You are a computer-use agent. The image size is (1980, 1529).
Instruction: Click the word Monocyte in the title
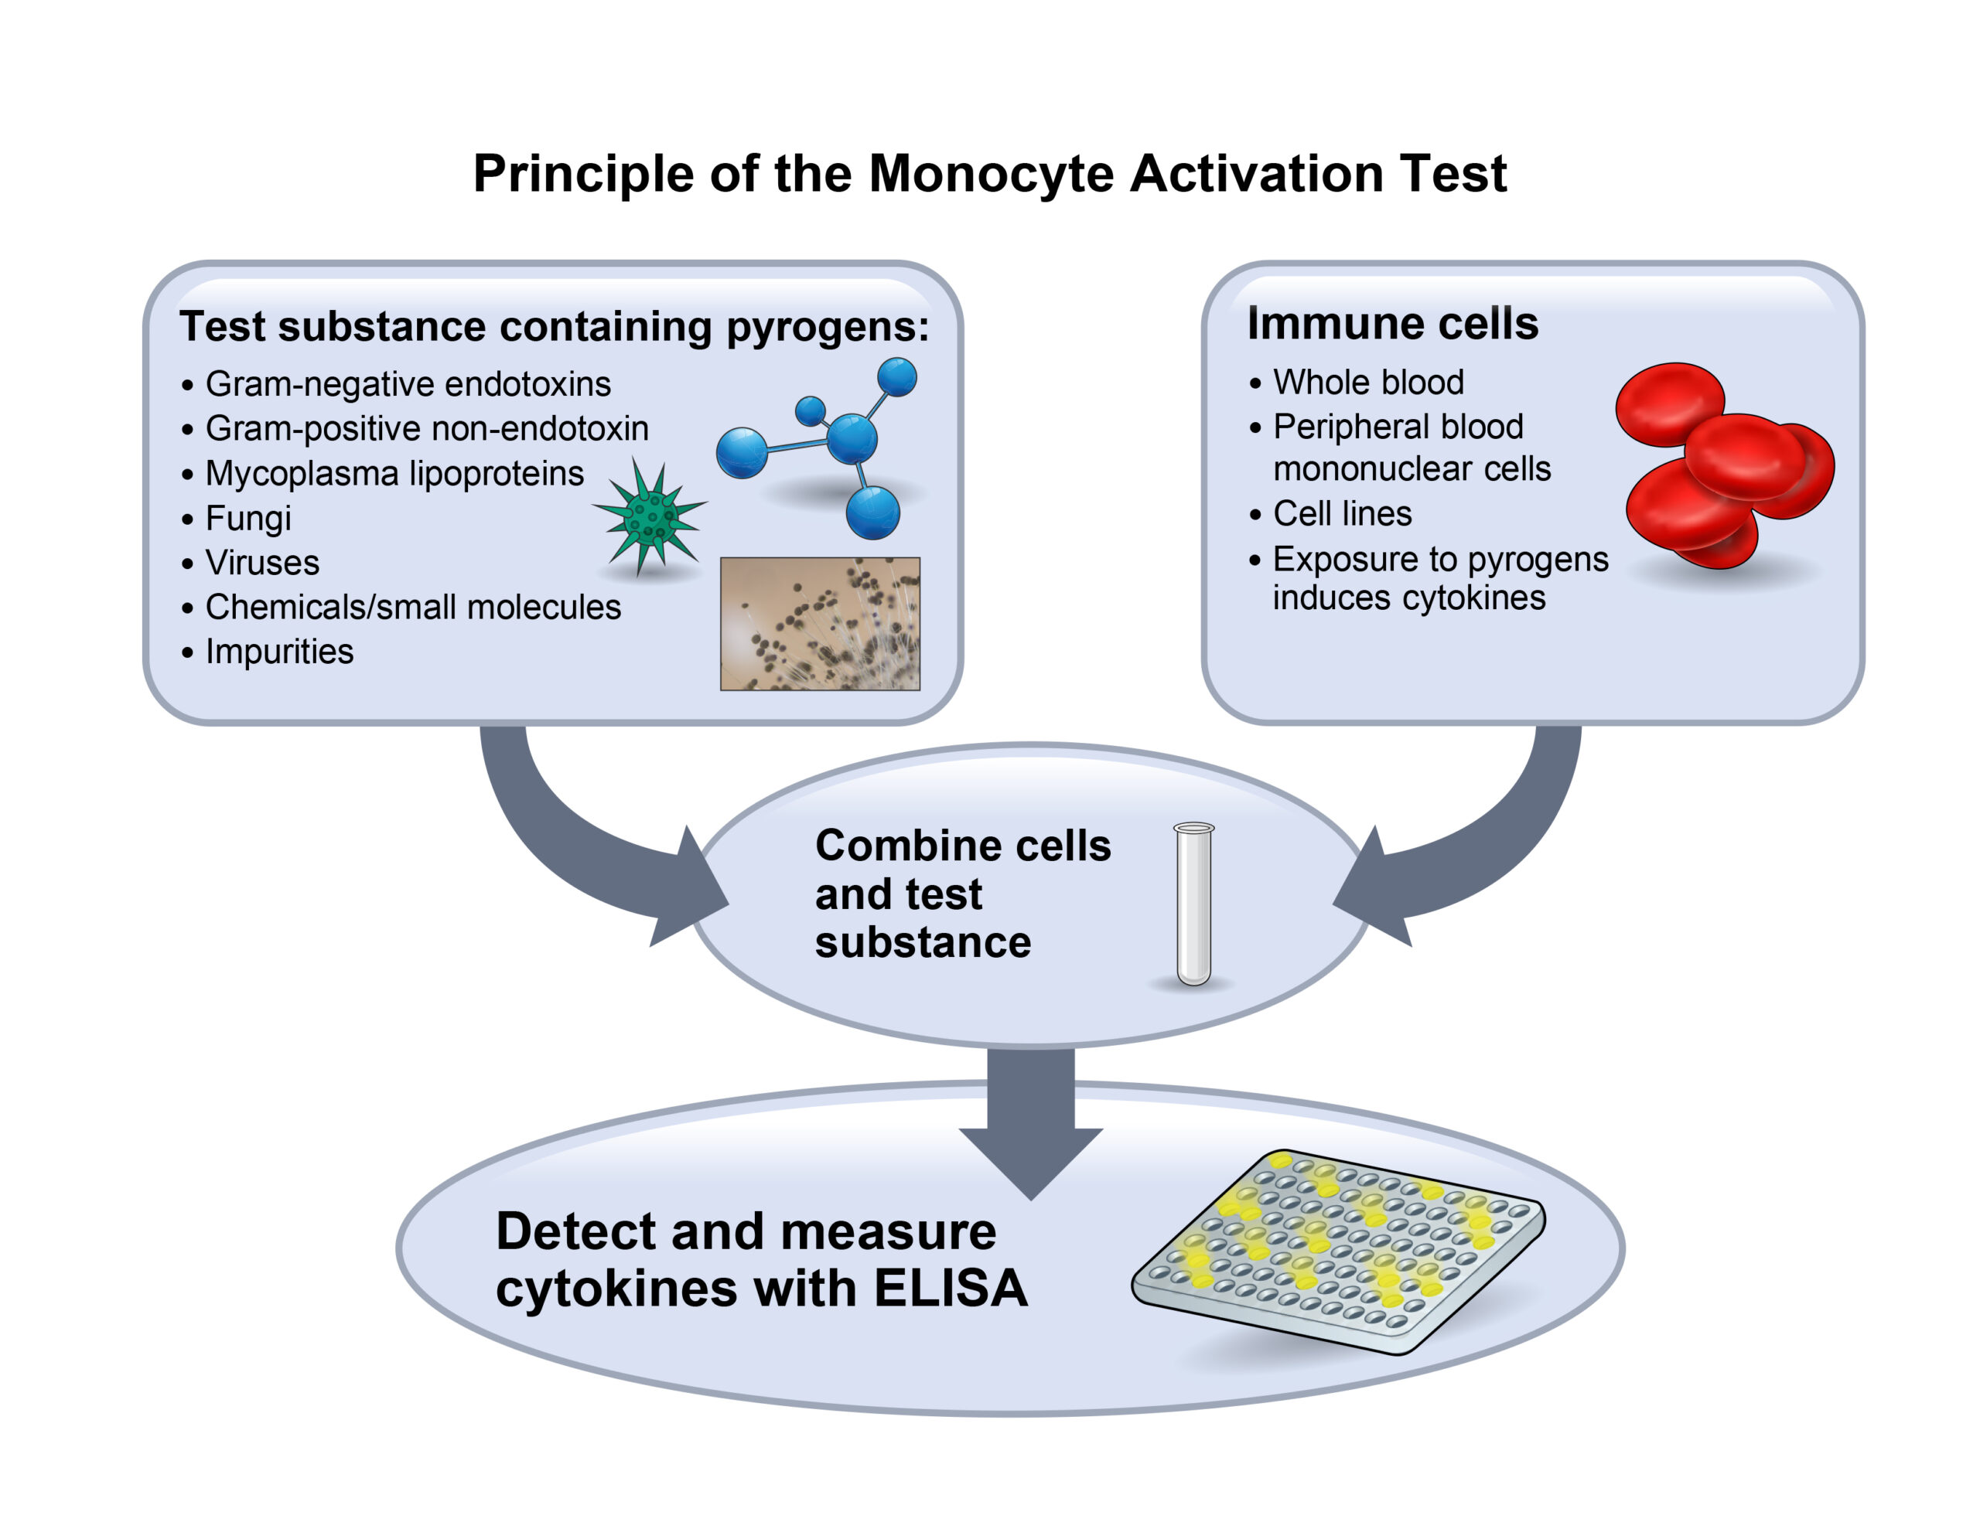coord(990,173)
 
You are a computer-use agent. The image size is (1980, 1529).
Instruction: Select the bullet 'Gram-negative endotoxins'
coord(408,384)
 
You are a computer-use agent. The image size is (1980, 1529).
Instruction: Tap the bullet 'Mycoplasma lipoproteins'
coord(394,473)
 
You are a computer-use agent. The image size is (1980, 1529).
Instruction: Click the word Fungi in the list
coord(248,519)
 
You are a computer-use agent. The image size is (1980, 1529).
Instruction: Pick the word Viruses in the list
coord(262,563)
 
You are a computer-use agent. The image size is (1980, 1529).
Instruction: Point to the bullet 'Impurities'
coord(279,652)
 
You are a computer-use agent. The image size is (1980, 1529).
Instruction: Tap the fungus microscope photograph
coord(820,624)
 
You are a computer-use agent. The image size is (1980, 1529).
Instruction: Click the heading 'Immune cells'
coord(1392,324)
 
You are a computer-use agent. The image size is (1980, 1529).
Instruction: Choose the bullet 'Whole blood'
coord(1368,383)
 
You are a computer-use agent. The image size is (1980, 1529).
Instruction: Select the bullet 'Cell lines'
coord(1342,514)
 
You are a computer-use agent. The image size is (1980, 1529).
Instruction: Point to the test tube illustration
coord(1193,903)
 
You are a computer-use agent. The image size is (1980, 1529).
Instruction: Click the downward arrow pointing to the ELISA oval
coord(1031,1124)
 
